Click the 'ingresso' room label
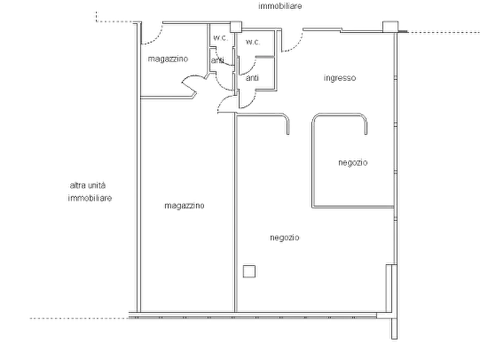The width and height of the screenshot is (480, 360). [340, 78]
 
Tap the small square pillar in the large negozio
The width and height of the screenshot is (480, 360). [249, 271]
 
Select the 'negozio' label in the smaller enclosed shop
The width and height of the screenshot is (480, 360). [353, 163]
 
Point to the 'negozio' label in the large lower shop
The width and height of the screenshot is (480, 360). [285, 237]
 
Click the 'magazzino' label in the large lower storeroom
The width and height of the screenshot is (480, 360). [184, 206]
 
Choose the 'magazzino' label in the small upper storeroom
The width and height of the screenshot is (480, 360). [168, 59]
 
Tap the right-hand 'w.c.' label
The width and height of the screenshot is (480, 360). [253, 42]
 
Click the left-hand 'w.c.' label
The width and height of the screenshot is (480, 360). [220, 38]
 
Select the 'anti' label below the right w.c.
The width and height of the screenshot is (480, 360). [252, 78]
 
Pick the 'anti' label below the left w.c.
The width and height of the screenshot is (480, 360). [217, 60]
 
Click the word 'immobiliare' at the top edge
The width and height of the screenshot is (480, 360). [280, 6]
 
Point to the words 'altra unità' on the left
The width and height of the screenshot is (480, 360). [88, 185]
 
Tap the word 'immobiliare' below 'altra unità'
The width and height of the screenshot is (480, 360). [90, 198]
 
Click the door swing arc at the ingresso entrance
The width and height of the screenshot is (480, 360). [296, 45]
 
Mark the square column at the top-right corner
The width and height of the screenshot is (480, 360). [391, 27]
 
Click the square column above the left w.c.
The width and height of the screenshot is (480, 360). [236, 27]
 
